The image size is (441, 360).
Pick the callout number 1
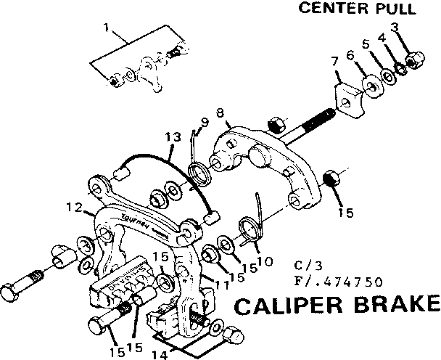point(106,30)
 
